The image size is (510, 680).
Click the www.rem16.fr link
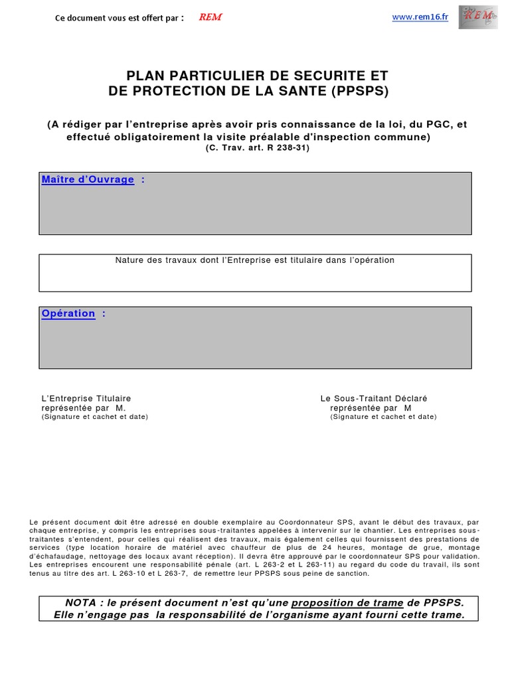point(420,17)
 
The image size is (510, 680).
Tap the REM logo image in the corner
point(477,17)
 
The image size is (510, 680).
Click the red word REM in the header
point(210,17)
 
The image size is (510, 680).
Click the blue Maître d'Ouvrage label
point(88,179)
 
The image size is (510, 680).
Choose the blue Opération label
point(68,313)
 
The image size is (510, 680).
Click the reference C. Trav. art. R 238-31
point(257,148)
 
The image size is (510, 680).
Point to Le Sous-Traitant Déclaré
point(374,398)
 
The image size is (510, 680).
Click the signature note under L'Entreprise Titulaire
point(94,417)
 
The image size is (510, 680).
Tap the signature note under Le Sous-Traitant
point(383,417)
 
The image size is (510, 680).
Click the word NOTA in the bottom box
point(80,602)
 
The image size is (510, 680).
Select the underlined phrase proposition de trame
point(347,602)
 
